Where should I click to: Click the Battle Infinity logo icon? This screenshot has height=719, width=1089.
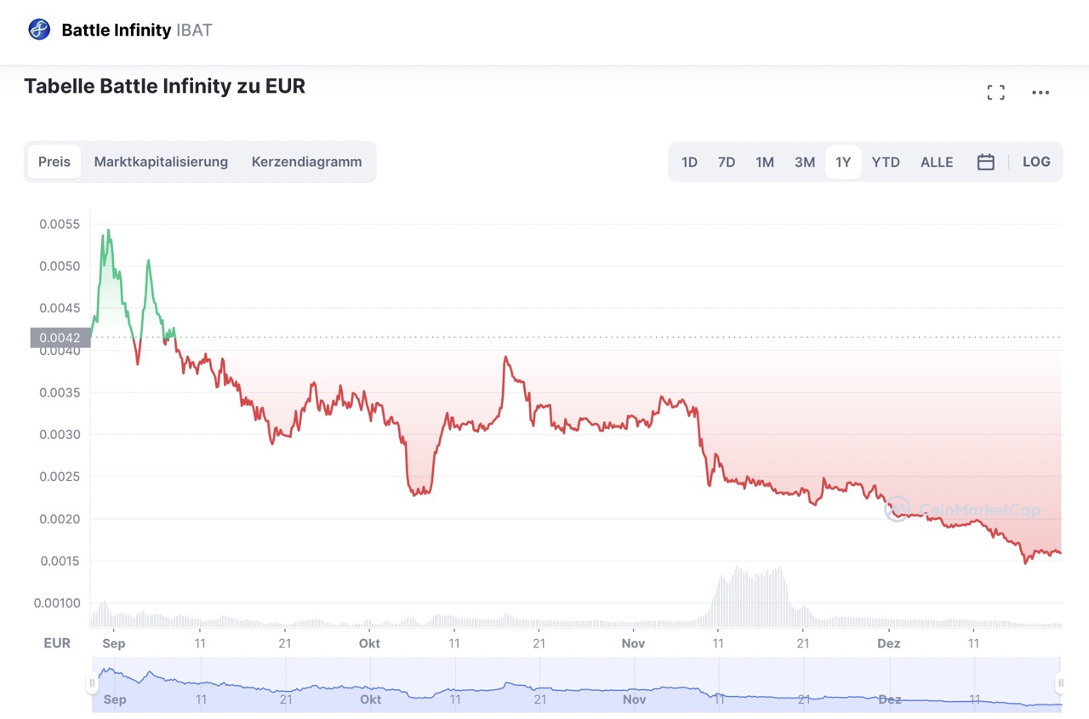39,30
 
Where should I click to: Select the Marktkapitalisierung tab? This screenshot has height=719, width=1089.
161,162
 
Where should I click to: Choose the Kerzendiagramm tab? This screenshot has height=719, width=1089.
306,162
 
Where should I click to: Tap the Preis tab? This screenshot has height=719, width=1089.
54,162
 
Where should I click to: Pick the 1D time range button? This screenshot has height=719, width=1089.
689,162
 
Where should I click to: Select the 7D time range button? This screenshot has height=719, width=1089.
726,162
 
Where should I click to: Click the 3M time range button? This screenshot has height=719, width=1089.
804,162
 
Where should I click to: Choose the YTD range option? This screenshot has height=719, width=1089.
886,162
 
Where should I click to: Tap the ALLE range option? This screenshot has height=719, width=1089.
937,162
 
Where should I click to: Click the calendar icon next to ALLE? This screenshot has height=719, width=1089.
985,162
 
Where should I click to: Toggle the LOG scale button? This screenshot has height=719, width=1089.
1036,162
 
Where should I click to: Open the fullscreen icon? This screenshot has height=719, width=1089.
995,93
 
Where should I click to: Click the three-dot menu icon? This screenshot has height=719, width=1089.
1041,93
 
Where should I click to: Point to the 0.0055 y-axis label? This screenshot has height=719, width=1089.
60,225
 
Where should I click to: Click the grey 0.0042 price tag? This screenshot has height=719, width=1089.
60,338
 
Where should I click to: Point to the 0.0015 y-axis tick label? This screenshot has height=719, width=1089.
60,561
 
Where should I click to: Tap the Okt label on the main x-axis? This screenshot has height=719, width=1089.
369,643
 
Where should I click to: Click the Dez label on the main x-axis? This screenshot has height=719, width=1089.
889,643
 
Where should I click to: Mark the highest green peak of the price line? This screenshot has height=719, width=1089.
108,230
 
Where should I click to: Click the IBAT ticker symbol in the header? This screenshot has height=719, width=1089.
194,31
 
